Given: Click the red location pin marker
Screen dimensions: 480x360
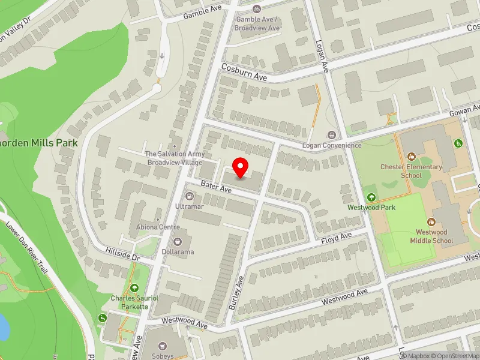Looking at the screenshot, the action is [241, 167].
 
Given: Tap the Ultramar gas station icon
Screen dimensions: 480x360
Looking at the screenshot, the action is [190, 196].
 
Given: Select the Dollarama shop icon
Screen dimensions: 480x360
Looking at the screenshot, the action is [178, 242].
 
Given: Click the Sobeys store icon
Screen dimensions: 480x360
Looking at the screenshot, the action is [163, 346].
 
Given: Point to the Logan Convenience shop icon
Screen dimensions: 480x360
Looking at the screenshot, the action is [331, 134].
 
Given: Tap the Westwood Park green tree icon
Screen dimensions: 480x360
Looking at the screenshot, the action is [370, 197].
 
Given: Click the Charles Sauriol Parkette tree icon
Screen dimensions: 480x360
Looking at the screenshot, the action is [134, 288].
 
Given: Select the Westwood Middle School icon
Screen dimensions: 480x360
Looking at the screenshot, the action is [431, 222].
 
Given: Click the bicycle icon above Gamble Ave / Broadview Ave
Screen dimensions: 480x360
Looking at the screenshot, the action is [257, 9].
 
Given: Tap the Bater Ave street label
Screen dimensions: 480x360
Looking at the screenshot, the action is [216, 188].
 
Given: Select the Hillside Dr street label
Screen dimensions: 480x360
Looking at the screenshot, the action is [122, 254].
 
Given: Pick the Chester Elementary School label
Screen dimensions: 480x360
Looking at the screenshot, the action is [411, 171].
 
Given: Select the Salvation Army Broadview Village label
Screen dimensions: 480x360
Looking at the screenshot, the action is [174, 158].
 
